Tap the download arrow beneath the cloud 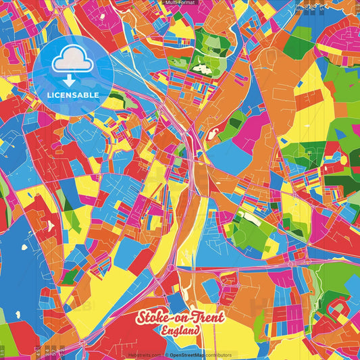click(x=72, y=77)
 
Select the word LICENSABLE click(x=72, y=95)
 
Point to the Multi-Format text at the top click(x=180, y=3)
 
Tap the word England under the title click(x=180, y=331)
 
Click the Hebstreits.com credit click(x=145, y=355)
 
